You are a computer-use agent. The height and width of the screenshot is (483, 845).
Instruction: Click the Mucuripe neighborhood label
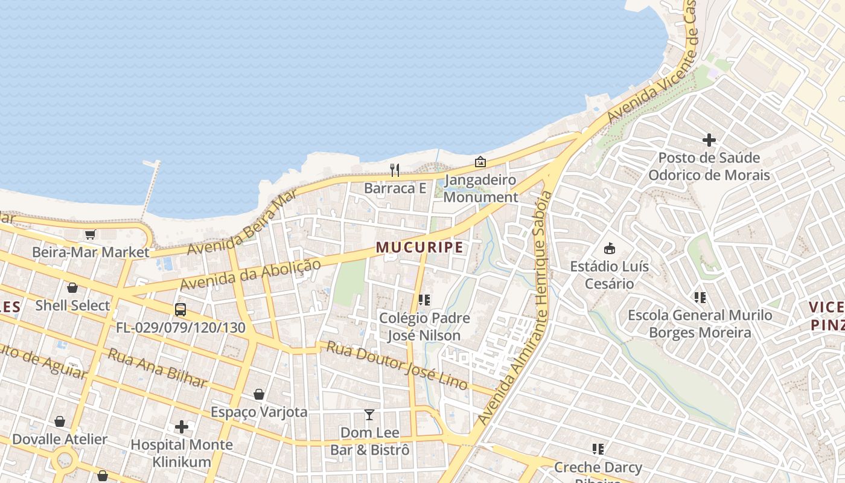click(419, 248)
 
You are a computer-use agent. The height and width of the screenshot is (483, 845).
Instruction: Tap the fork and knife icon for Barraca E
click(395, 170)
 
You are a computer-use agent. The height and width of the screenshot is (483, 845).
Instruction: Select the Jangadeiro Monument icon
click(480, 162)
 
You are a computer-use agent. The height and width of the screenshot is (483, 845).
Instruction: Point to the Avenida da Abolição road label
click(250, 274)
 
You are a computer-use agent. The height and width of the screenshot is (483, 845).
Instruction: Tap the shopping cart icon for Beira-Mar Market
click(91, 234)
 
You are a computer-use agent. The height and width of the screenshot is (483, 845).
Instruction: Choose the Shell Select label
click(72, 305)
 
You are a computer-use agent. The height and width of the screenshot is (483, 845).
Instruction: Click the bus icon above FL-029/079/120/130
click(180, 310)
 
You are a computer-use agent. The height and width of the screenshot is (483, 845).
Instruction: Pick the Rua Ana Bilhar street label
click(157, 368)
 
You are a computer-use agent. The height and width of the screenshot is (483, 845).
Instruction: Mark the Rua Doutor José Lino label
click(397, 365)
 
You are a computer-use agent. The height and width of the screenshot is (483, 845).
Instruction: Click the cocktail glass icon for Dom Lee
click(369, 415)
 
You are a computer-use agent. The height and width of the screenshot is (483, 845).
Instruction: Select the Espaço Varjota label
click(259, 412)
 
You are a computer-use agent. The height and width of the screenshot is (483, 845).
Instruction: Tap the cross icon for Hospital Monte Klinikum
click(182, 427)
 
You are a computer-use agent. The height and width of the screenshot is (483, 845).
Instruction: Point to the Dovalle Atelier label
click(60, 440)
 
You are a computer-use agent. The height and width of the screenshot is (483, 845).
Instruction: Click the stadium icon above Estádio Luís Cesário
click(610, 248)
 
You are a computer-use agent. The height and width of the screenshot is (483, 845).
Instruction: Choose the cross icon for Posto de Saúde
click(709, 140)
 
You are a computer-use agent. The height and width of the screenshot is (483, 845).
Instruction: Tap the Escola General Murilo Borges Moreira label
click(700, 324)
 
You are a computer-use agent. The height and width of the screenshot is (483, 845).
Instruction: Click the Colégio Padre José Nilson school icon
click(424, 299)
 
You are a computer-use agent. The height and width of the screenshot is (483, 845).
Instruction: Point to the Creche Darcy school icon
click(598, 449)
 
